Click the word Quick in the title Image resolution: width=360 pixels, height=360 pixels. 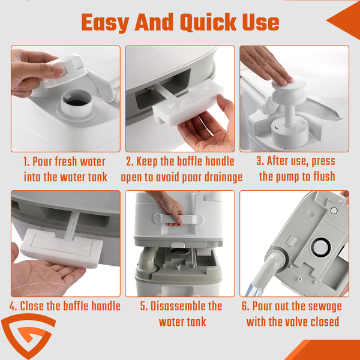pyautogui.click(x=208, y=23)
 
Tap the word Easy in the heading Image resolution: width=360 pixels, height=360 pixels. pyautogui.click(x=105, y=23)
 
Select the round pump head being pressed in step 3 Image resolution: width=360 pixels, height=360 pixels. pyautogui.click(x=289, y=89)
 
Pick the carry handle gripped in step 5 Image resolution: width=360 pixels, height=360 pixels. pyautogui.click(x=178, y=219)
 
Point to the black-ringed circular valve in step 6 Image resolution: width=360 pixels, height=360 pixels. pyautogui.click(x=320, y=247)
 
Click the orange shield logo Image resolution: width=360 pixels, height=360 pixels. pyautogui.click(x=28, y=335)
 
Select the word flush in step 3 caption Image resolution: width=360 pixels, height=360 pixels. pyautogui.click(x=324, y=176)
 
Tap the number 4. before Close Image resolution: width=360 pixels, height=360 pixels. pyautogui.click(x=13, y=306)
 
